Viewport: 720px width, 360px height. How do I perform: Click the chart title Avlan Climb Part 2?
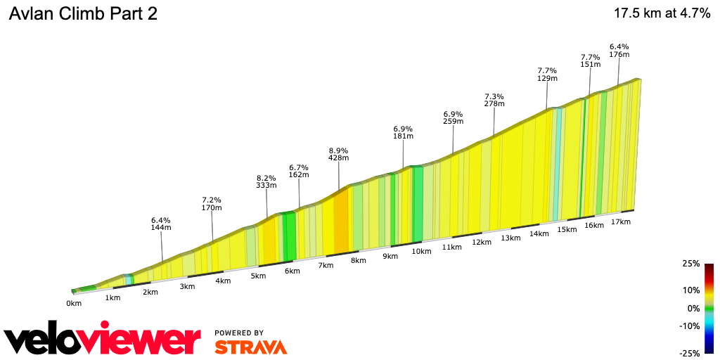(83, 14)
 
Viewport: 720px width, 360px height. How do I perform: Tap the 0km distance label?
(74, 303)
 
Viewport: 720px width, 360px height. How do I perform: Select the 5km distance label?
(258, 276)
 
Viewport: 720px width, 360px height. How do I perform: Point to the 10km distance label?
(421, 251)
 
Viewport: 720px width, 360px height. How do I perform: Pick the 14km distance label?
(539, 233)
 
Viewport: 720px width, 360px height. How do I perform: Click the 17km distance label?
(621, 221)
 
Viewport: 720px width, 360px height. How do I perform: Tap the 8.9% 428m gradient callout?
(338, 154)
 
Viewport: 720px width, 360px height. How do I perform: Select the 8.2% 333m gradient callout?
(266, 181)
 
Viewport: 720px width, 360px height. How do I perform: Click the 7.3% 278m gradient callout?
(494, 100)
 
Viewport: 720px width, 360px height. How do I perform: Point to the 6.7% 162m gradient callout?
(299, 170)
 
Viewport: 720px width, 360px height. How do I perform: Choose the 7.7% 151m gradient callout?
(590, 60)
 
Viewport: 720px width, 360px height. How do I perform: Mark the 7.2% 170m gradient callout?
(212, 203)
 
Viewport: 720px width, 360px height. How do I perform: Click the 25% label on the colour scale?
(691, 264)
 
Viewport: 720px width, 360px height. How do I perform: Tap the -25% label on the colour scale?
(690, 353)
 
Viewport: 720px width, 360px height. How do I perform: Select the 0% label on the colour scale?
(693, 308)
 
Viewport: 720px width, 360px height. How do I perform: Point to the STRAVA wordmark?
(250, 347)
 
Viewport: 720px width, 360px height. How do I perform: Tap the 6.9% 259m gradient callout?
(453, 117)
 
